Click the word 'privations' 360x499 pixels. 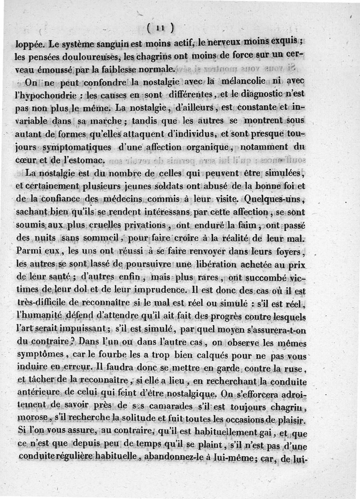(x=143, y=224)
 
